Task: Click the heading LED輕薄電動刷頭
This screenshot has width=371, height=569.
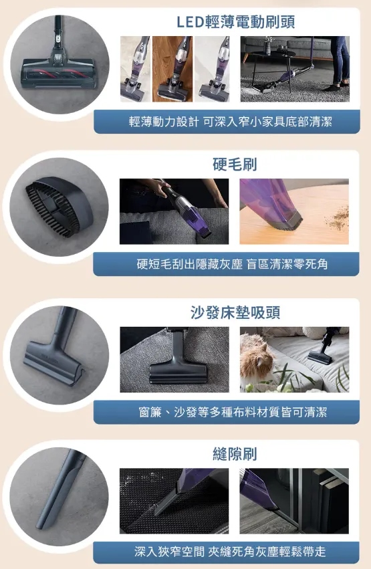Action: point(235,22)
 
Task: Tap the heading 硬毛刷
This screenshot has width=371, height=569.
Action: point(235,164)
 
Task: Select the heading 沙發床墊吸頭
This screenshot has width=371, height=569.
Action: point(235,312)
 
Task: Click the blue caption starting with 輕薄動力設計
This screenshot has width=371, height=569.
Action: point(230,121)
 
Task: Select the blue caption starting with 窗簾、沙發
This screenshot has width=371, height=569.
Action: point(231,412)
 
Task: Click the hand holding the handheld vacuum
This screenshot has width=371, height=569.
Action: point(156,188)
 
